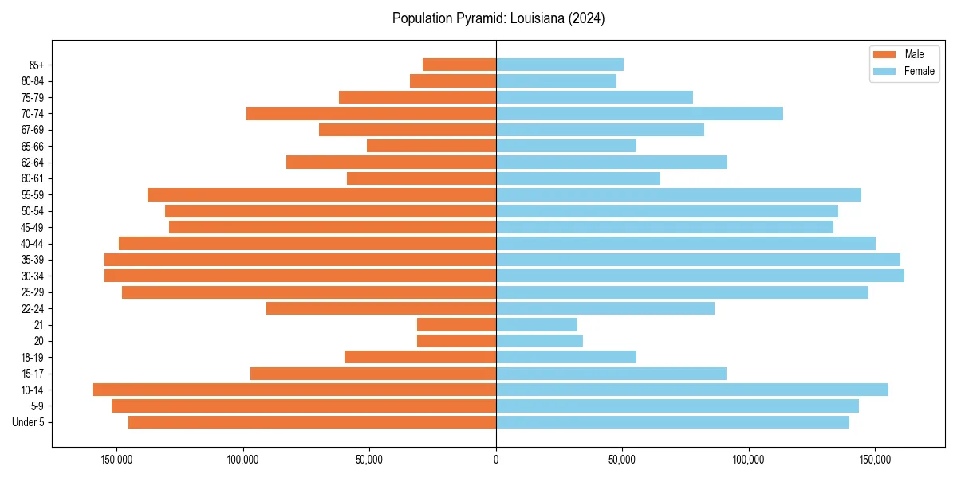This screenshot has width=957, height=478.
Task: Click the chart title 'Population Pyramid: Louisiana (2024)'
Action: tap(498, 18)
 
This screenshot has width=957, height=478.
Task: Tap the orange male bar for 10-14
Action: tap(294, 390)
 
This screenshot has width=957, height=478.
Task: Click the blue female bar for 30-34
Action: tap(700, 276)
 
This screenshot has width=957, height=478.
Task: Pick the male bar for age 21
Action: tap(457, 324)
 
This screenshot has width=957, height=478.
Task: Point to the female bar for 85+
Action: tap(560, 65)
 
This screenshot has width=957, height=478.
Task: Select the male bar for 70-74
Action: tap(372, 113)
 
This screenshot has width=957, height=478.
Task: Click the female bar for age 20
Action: tap(540, 341)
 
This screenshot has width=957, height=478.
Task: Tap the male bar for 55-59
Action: tap(322, 194)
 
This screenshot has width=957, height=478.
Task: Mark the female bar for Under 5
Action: tap(673, 422)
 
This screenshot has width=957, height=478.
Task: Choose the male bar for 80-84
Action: tap(453, 80)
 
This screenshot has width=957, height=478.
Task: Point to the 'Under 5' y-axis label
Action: tap(28, 422)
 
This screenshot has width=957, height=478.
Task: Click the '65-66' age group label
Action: tap(33, 146)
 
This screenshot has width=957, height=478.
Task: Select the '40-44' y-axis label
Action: tap(33, 244)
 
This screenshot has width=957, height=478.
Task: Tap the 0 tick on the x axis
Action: tap(496, 460)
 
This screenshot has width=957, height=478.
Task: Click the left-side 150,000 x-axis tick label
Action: tap(117, 460)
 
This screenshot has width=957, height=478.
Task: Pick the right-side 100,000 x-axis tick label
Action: tap(748, 460)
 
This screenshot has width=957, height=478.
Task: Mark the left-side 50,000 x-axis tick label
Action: tap(370, 460)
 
